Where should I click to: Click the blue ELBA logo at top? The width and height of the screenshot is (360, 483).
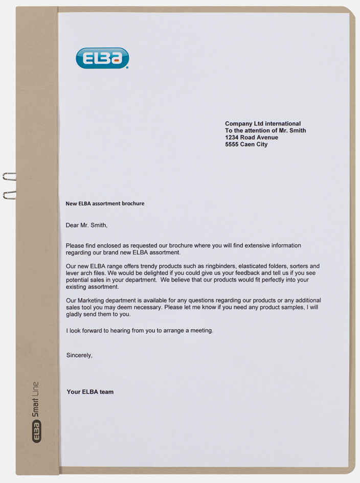(x=102, y=58)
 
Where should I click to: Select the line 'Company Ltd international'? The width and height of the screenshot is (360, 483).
(x=263, y=124)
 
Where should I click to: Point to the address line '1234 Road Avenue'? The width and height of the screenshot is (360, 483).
(x=252, y=137)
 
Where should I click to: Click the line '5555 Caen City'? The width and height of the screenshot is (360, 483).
(x=246, y=145)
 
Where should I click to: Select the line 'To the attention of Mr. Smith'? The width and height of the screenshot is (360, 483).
(x=265, y=131)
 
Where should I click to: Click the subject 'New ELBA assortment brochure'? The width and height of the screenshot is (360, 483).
(x=105, y=203)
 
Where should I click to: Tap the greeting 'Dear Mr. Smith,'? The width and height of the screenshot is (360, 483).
(x=87, y=225)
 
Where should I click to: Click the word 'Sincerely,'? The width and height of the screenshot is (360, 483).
(x=79, y=355)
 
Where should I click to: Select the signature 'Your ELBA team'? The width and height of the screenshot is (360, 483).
(x=90, y=392)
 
